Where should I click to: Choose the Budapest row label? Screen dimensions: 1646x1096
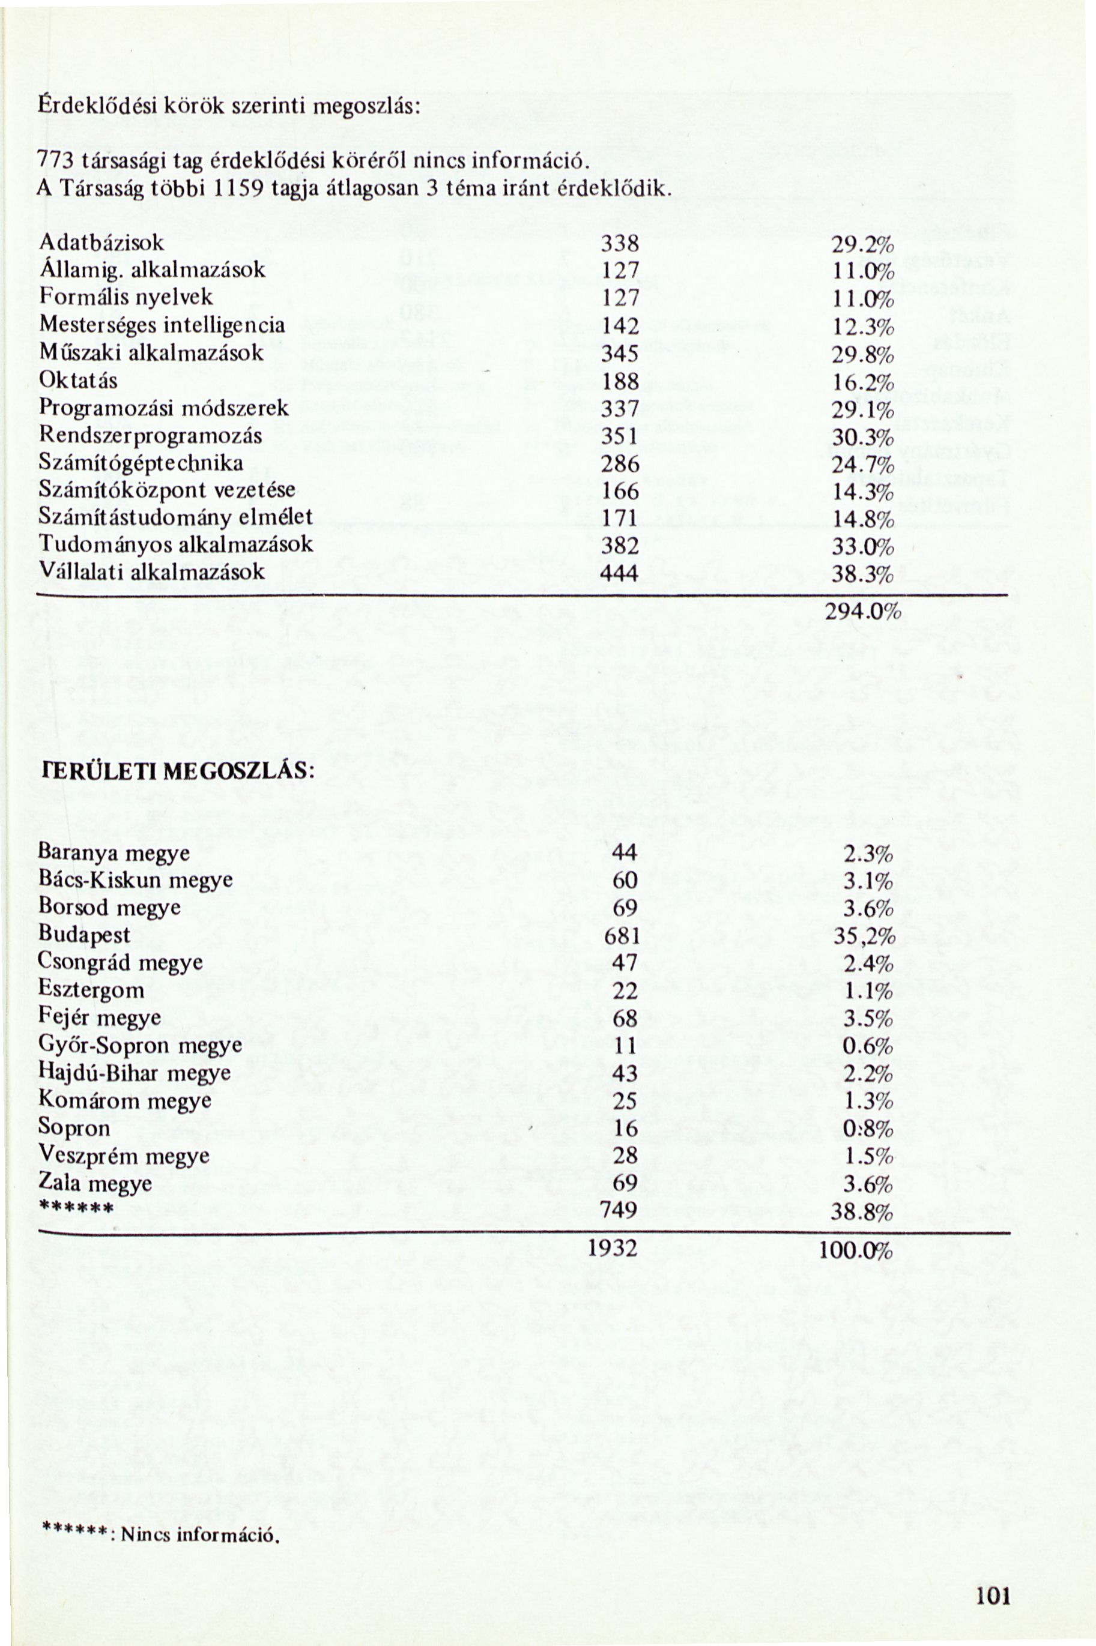tap(84, 934)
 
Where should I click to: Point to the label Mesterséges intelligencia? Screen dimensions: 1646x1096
tap(162, 325)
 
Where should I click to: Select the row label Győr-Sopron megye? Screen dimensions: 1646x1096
tap(140, 1045)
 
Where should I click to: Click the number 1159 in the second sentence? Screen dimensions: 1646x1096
tap(238, 188)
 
